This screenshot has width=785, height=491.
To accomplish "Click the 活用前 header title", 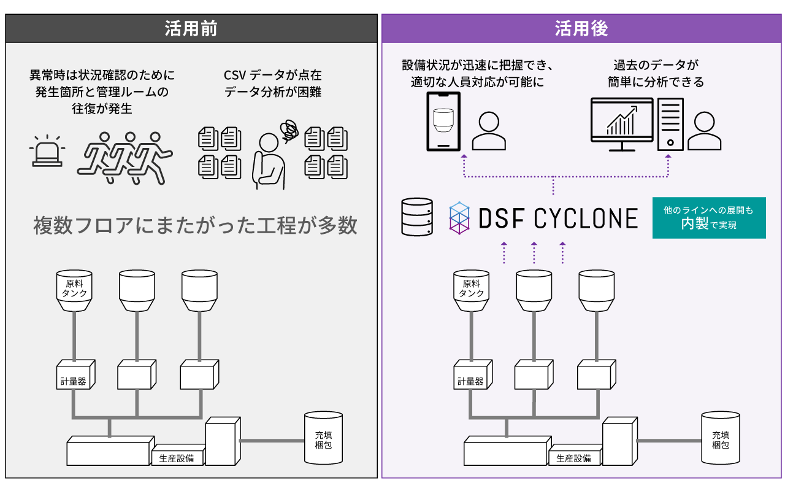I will click(x=191, y=29).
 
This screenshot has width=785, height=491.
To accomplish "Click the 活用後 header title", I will click(x=581, y=29).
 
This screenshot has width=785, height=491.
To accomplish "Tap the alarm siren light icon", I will click(x=46, y=152).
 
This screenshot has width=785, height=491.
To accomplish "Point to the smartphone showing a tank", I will click(x=443, y=121).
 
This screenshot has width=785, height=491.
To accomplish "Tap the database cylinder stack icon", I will click(x=416, y=217).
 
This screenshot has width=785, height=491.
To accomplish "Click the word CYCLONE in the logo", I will click(x=585, y=218).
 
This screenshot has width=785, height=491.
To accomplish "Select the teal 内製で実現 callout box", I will click(x=708, y=217).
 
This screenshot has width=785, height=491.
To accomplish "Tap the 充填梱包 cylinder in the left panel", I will click(x=323, y=439).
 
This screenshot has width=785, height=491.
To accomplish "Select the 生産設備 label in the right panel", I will click(x=574, y=458).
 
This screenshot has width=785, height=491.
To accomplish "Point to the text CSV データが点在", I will click(x=273, y=75).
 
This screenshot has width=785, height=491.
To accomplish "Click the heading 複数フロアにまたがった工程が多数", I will click(x=195, y=225).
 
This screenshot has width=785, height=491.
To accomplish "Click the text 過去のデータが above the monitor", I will click(x=656, y=64).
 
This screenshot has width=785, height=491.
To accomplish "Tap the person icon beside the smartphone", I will click(x=489, y=131).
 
